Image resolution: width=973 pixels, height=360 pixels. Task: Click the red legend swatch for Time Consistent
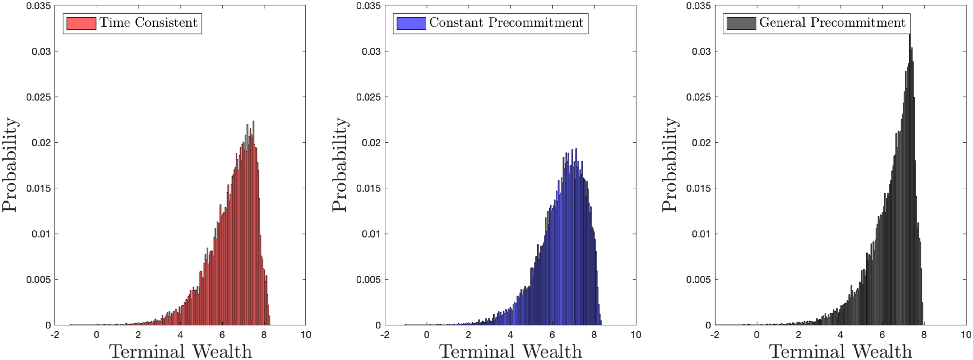[x=81, y=23]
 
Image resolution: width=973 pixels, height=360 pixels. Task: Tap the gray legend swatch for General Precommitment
[x=741, y=23]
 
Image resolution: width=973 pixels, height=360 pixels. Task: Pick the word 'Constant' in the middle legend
[x=456, y=23]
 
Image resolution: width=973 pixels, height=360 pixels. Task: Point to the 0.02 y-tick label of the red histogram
[x=41, y=143]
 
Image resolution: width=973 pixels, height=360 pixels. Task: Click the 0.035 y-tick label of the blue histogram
[x=368, y=6]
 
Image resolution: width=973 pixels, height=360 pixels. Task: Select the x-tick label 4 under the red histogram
[x=180, y=335]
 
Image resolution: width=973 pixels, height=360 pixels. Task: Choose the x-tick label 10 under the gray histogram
[x=965, y=335]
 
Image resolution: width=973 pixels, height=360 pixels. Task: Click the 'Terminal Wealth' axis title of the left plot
[x=181, y=351]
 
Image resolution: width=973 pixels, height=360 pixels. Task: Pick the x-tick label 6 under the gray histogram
[x=882, y=335]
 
